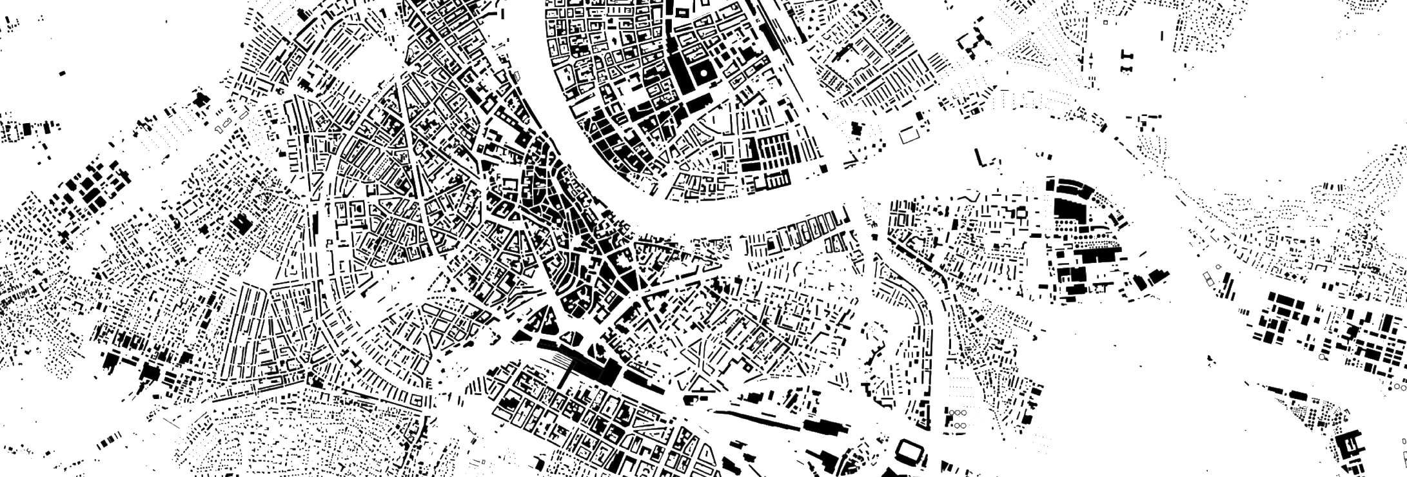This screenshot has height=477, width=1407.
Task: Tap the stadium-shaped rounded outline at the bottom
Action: [910, 451]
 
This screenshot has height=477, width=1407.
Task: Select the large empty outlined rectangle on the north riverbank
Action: [910, 135]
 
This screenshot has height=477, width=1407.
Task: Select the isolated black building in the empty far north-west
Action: [63, 73]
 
